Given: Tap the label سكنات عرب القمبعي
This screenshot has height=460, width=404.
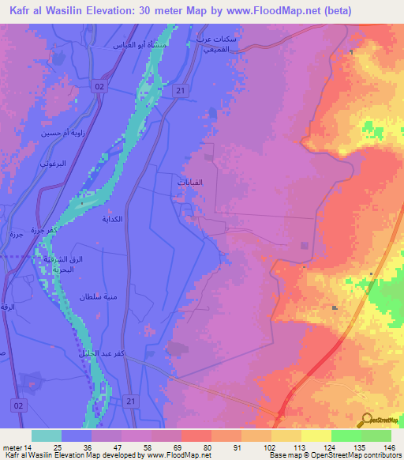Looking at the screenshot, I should pos(216,44).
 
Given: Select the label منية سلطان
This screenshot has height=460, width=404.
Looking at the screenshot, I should pos(98,296).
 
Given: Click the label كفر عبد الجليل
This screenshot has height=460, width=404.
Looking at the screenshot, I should pos(101,354).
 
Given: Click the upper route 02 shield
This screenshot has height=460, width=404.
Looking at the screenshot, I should pos(99,85).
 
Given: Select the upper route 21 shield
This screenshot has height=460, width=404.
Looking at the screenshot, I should pos(181,92).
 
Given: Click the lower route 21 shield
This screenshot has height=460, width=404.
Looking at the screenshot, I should pos(131,402).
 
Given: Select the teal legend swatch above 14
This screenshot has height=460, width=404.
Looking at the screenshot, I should pos(46,435).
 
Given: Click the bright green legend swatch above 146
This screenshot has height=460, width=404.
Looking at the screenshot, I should pos(376,435).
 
